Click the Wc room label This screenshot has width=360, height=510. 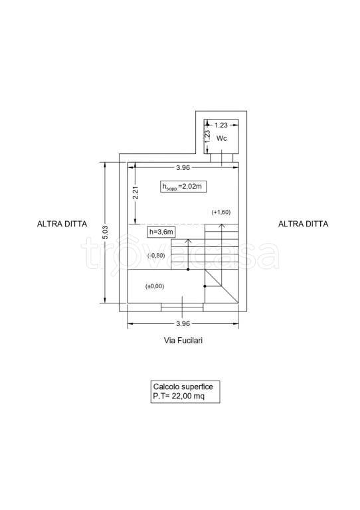222,138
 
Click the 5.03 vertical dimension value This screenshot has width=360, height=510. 106,232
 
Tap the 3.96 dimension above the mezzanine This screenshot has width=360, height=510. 183,167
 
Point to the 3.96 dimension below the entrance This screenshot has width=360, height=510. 183,323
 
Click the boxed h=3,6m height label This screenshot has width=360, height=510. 160,232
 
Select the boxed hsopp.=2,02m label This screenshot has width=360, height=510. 183,187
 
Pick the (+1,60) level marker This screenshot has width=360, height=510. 221,212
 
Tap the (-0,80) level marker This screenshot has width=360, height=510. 156,255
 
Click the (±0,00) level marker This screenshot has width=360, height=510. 155,286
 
